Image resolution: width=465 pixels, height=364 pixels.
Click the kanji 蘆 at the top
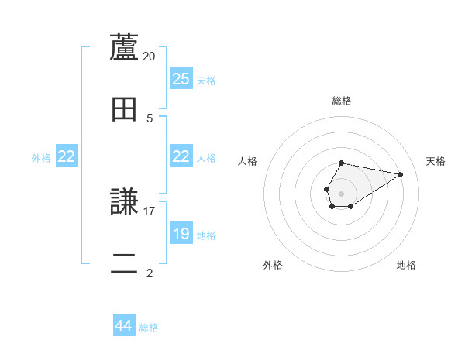click(124, 48)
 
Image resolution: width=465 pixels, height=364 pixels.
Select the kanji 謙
click(124, 203)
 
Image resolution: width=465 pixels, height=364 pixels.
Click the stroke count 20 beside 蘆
click(150, 57)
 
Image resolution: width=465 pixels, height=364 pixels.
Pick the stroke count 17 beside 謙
click(150, 211)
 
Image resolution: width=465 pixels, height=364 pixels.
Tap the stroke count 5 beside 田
click(150, 118)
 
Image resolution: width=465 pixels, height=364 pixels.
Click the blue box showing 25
click(181, 79)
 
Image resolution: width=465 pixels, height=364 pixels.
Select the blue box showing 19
click(181, 234)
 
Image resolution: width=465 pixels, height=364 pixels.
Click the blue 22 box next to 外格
click(67, 156)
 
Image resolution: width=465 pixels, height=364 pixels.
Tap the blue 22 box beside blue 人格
click(181, 156)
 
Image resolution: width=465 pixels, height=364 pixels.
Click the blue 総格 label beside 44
click(149, 328)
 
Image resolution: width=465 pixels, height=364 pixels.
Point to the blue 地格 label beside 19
click(206, 235)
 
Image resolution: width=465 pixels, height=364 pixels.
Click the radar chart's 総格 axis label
click(342, 101)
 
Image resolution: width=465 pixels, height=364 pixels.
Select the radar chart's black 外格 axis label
click(273, 265)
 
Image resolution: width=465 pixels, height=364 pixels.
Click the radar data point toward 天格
click(400, 174)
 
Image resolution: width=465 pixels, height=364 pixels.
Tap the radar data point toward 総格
click(342, 163)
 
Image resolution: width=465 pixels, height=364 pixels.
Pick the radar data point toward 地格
click(351, 206)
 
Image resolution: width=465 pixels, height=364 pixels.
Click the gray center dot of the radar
click(342, 192)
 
